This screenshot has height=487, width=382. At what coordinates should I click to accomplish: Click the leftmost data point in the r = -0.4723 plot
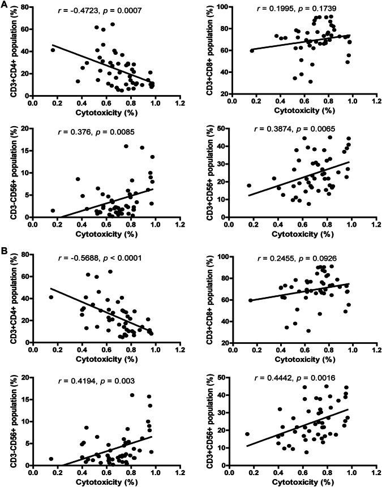(x=53, y=50)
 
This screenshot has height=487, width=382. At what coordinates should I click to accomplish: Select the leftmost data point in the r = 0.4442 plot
(x=247, y=434)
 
